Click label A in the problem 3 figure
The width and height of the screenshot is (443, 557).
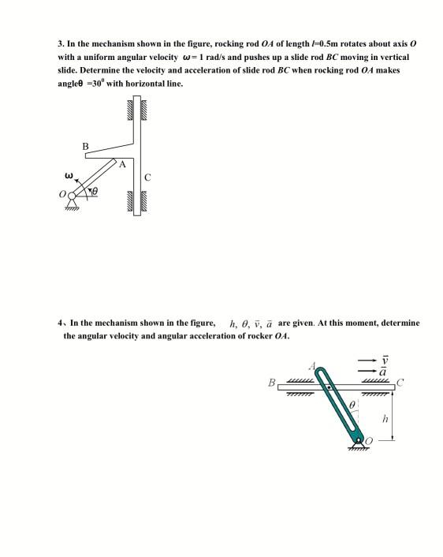(x=121, y=164)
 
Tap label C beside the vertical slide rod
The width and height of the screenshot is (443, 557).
(x=147, y=177)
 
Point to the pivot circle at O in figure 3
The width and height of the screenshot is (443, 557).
(x=76, y=193)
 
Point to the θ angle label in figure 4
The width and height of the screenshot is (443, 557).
(x=353, y=404)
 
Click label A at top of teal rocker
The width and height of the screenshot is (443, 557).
(x=313, y=367)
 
